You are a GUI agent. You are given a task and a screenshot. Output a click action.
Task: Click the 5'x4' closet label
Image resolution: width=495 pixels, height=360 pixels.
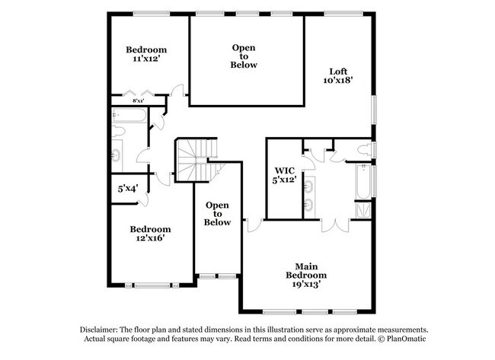point(127,189)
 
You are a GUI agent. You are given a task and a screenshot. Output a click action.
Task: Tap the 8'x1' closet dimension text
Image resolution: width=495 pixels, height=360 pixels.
point(139,100)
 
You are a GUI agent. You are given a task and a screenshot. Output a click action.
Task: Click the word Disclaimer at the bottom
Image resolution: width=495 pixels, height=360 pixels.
point(100,328)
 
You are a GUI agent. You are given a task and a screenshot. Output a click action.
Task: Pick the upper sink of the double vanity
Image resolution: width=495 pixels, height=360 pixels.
point(308,185)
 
